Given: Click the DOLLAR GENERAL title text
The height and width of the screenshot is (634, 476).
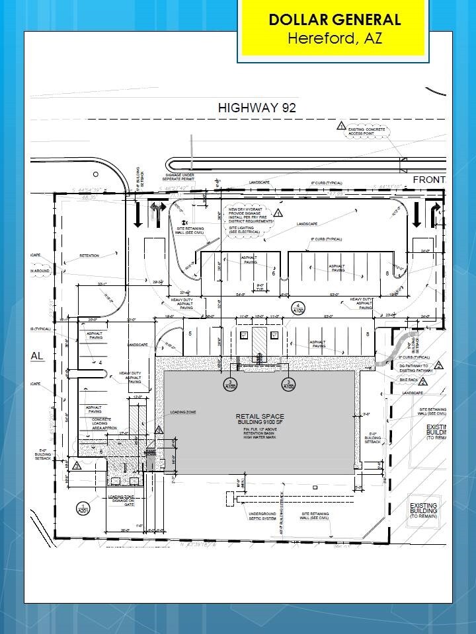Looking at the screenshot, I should point(335,20).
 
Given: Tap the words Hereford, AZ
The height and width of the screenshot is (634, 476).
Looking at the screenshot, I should point(335,38).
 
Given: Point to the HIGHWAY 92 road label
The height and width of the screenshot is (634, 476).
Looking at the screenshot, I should point(257,108).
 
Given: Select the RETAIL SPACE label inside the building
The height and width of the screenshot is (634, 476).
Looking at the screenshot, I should point(260,417).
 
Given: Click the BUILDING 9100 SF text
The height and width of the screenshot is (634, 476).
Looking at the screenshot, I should point(260,423).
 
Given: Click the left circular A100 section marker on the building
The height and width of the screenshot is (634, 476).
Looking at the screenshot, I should point(229,384).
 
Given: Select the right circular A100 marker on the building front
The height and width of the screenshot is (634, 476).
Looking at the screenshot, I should point(288,384).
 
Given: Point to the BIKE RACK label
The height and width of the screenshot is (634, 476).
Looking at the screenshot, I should point(409,380).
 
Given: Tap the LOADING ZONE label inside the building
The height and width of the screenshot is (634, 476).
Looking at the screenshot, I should point(182,413).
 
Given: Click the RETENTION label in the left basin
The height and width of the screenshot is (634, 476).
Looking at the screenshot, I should point(89,255).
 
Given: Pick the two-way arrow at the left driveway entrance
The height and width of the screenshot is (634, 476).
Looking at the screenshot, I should point(157,213).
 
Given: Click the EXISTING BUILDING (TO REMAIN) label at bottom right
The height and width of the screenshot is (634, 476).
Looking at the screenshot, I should point(423,511).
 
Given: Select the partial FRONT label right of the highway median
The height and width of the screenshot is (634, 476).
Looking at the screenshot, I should point(429,180).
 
